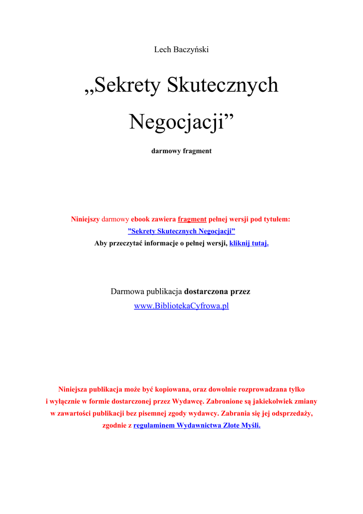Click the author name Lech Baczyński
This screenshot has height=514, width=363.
pos(181,49)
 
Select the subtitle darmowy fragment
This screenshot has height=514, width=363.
pos(181,151)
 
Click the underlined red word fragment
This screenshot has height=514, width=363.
pos(192,219)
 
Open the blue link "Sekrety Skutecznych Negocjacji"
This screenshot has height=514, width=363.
pos(181,231)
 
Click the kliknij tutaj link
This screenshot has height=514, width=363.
pos(249,243)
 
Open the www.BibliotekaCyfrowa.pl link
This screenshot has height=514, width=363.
pos(181,306)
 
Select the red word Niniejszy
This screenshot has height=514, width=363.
pos(85,219)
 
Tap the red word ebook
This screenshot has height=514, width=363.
pos(142,219)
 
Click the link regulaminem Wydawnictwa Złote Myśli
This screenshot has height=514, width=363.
pos(197,426)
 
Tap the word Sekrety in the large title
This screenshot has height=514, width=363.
pos(127,85)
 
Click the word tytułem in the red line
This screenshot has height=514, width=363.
pos(277,219)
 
